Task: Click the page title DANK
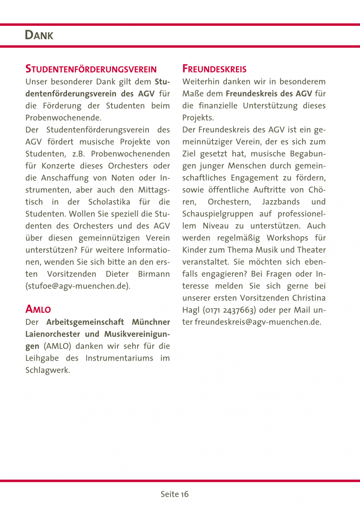coord(39,35)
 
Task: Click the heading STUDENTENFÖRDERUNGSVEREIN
coord(91,69)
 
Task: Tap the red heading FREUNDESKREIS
coord(214,69)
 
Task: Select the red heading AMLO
coord(38,309)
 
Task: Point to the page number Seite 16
coord(175,494)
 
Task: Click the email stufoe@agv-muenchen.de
coord(78,286)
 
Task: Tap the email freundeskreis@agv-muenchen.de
coord(258,322)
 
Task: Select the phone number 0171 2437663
coord(230,310)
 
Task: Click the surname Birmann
coord(154,274)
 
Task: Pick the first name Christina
coord(309,298)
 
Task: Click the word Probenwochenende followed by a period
coord(63,118)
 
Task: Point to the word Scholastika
coord(109,202)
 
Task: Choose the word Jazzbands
coord(281,202)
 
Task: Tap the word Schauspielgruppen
coord(218,214)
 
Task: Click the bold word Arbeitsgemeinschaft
coord(85,322)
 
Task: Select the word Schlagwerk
coord(48,370)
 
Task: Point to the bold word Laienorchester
coord(53,334)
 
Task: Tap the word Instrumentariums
coord(119,358)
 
